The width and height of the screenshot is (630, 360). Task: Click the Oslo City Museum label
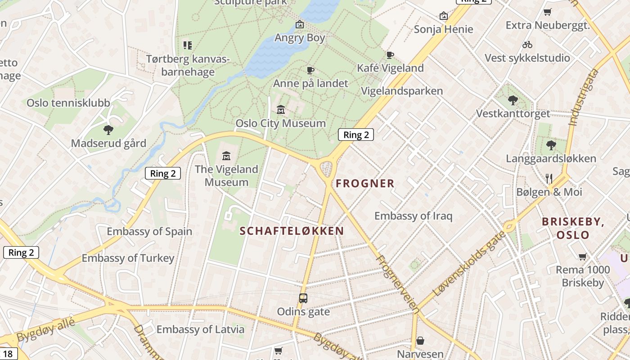[281, 123]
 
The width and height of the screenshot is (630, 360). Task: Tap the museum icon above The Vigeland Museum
[226, 156]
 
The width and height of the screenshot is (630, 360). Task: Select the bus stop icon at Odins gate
[303, 298]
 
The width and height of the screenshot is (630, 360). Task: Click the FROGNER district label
[365, 184]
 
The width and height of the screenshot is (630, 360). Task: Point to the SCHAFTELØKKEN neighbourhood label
[292, 231]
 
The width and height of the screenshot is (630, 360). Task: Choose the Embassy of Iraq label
[413, 216]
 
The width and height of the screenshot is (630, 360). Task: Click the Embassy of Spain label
[149, 232]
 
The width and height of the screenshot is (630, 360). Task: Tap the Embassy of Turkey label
[128, 258]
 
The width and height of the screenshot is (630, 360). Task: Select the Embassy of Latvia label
[200, 329]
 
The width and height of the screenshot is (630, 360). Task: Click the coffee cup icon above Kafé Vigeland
[390, 55]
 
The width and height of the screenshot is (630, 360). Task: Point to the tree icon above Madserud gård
[108, 130]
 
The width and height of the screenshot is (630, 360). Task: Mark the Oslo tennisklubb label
[68, 103]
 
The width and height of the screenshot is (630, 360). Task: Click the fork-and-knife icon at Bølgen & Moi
[549, 179]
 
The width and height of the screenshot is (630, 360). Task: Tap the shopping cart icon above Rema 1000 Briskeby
[583, 257]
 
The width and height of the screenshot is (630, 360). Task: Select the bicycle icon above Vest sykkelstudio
[527, 45]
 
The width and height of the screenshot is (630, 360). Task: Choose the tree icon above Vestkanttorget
[513, 100]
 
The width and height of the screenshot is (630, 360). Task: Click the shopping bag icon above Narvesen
[420, 341]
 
